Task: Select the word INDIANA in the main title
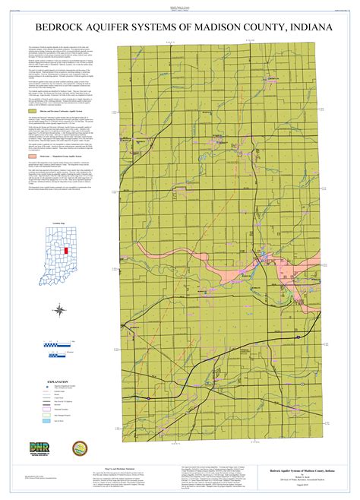pos(307,27)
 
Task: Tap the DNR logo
pos(39,448)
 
